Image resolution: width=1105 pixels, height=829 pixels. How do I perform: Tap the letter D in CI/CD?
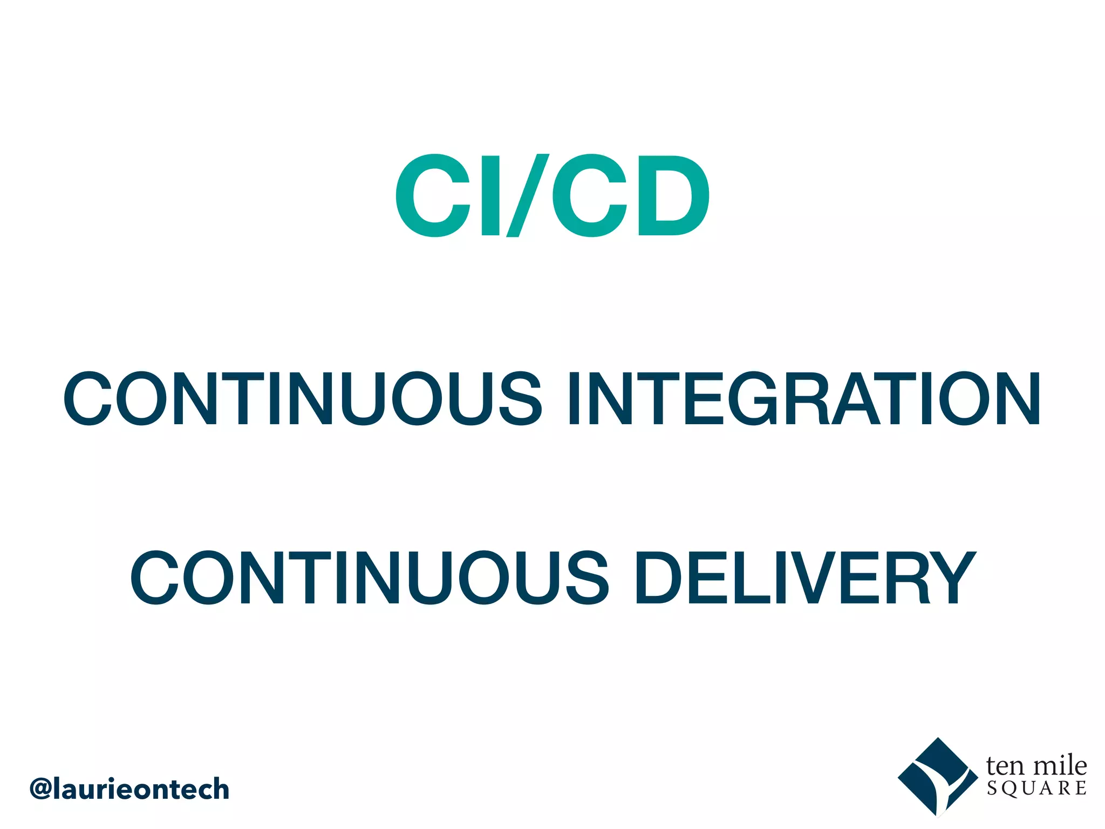click(672, 195)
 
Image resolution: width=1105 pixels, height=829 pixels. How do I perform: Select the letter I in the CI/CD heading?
click(490, 195)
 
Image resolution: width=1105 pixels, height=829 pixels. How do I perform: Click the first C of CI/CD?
click(433, 195)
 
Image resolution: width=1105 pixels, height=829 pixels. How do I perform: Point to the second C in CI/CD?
click(589, 195)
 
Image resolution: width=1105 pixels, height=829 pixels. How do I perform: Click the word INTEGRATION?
click(803, 399)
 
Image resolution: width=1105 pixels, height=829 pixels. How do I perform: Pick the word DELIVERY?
click(806, 577)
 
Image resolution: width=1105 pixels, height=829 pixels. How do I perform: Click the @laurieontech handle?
click(129, 790)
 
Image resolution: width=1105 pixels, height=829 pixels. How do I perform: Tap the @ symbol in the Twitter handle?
click(41, 790)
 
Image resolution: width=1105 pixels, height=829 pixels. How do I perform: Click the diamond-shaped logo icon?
click(937, 777)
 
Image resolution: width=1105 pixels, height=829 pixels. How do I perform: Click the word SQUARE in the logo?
click(1036, 789)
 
